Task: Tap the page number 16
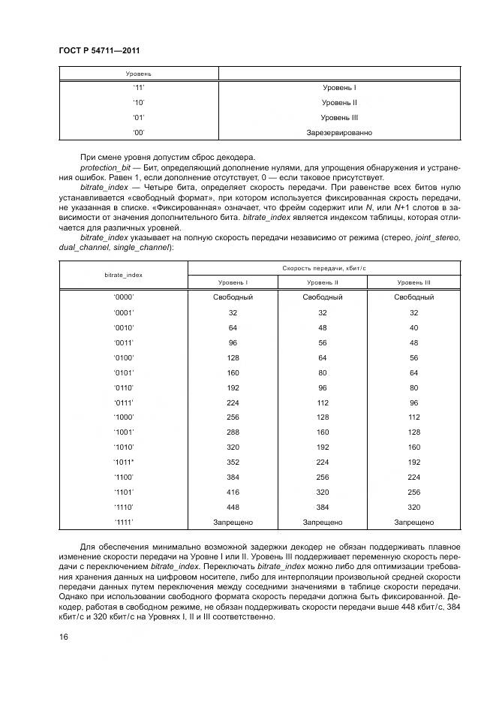[63, 637]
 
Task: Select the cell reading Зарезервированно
[339, 133]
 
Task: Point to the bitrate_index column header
[123, 275]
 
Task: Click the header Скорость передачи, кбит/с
[323, 267]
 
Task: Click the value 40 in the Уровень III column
[414, 327]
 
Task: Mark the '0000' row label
[123, 297]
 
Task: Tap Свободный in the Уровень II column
[323, 297]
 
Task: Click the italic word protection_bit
[104, 164]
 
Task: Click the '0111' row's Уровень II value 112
[323, 402]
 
